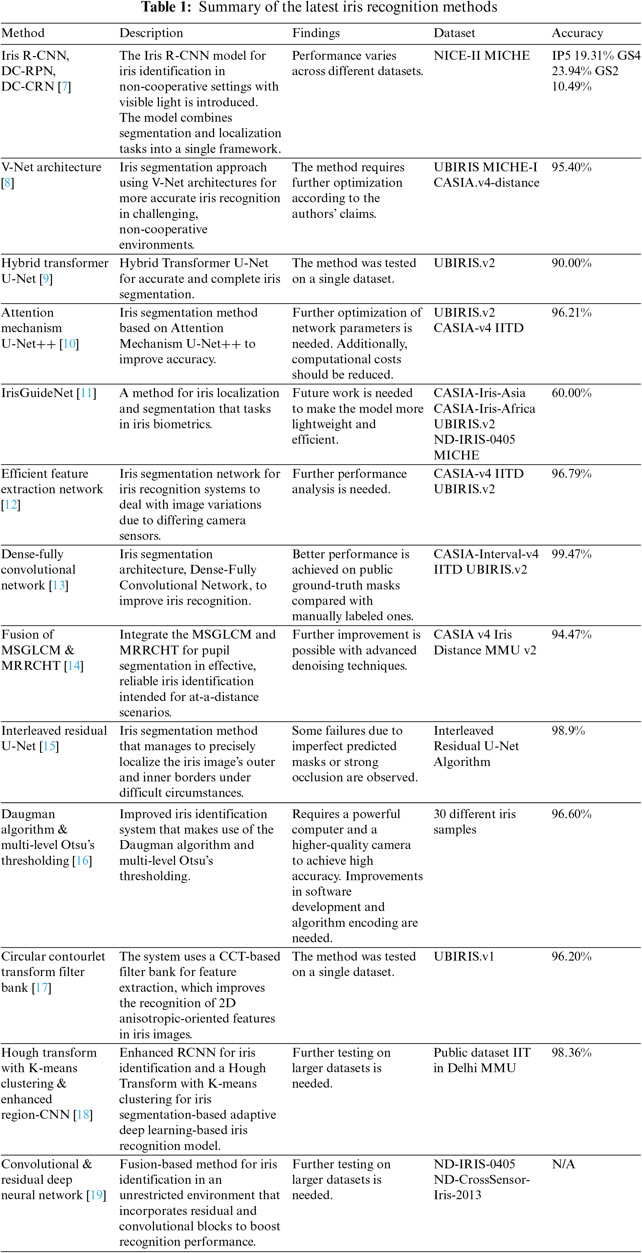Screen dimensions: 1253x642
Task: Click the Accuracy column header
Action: pyautogui.click(x=577, y=33)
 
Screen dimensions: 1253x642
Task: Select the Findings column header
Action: pyautogui.click(x=316, y=33)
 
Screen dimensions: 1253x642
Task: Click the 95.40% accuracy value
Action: pyautogui.click(x=571, y=167)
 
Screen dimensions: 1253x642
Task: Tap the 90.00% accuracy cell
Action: pyautogui.click(x=571, y=263)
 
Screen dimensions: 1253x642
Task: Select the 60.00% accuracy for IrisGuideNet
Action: pyautogui.click(x=571, y=393)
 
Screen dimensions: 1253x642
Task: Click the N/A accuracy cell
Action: pyautogui.click(x=563, y=1164)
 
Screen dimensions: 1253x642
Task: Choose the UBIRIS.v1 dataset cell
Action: pyautogui.click(x=464, y=956)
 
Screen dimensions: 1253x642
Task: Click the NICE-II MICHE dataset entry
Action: pyautogui.click(x=481, y=56)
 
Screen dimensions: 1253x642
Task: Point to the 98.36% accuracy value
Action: pyautogui.click(x=571, y=1052)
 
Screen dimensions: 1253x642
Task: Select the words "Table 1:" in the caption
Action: pyautogui.click(x=166, y=7)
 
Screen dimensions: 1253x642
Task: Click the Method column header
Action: pyautogui.click(x=23, y=33)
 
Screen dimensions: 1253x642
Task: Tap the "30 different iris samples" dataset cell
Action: pyautogui.click(x=474, y=821)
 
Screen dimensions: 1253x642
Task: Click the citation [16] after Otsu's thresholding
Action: pyautogui.click(x=82, y=860)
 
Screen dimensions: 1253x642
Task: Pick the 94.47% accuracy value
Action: pyautogui.click(x=571, y=635)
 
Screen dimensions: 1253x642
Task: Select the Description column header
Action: pyautogui.click(x=151, y=33)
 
